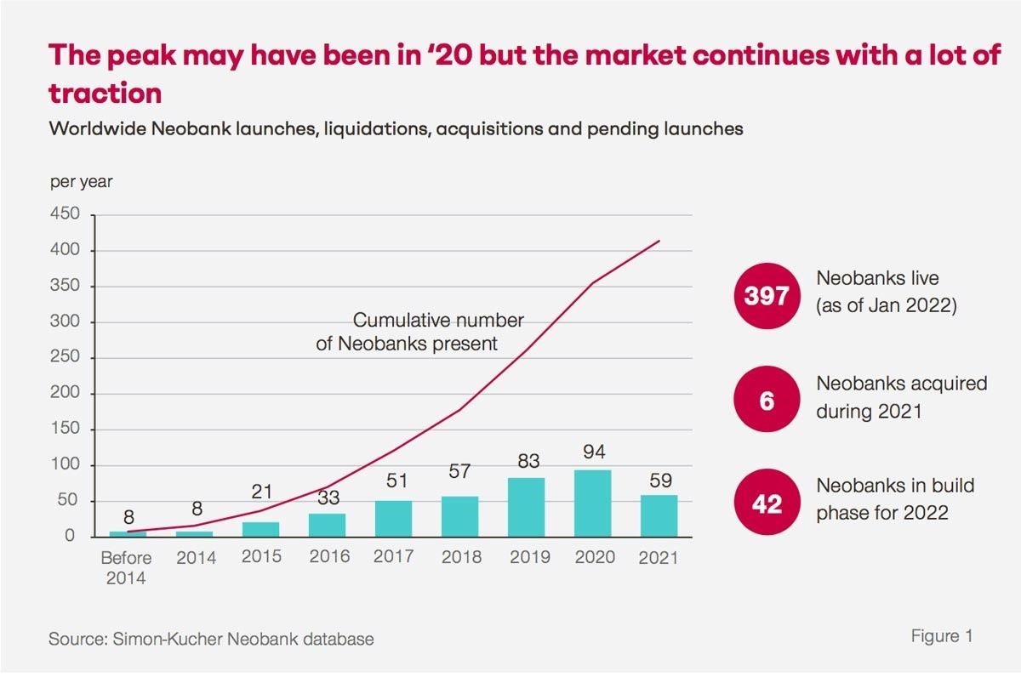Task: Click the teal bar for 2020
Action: coord(593,503)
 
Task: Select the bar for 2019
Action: coord(527,508)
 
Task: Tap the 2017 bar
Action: coord(394,519)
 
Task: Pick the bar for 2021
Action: coord(659,516)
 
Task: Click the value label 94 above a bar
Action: coord(593,452)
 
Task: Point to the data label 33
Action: coord(328,497)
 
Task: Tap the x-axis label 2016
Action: coord(328,558)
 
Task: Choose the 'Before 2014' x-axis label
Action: coord(127,568)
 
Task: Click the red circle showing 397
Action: coord(767,295)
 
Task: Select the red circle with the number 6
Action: coord(767,400)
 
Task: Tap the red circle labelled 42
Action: coord(767,503)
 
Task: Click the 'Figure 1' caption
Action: coord(942,636)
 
